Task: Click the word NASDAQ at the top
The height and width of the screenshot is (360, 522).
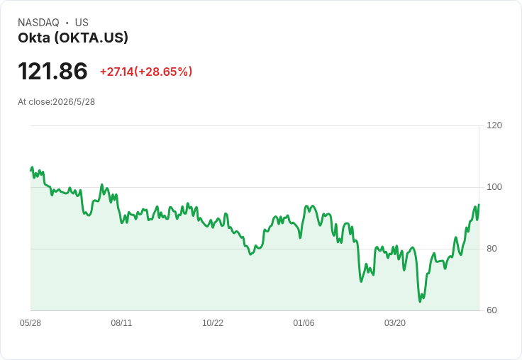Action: coord(38,23)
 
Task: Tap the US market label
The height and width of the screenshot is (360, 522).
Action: coord(82,23)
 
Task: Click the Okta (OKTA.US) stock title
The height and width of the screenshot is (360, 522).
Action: coord(73,38)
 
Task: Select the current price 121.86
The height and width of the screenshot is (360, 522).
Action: coord(52,71)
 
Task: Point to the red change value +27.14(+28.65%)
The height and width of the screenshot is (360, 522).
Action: coord(146,72)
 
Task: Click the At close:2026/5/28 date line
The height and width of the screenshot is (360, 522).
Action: coord(56,102)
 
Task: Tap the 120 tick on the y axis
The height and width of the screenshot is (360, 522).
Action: coord(494,125)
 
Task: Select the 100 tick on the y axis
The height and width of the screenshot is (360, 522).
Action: coord(494,187)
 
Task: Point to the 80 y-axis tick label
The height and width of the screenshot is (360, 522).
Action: coord(492,249)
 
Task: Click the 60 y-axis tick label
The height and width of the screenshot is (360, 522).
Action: coord(492,310)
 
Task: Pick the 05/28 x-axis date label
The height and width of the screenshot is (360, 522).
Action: coord(30,323)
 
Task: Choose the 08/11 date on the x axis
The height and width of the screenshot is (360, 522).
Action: coord(121,323)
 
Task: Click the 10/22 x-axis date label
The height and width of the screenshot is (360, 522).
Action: coord(213,323)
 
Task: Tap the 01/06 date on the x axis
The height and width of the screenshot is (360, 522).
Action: coord(304,323)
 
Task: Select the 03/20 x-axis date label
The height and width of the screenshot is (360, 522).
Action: coord(395,323)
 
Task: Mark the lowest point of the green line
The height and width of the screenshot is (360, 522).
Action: coord(420,301)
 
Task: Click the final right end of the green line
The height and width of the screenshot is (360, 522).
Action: coord(479,205)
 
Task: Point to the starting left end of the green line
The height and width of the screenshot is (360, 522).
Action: coord(31,170)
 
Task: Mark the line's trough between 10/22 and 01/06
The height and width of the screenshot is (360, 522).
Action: coord(250,254)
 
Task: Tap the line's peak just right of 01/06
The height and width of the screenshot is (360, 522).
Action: coord(306,206)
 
